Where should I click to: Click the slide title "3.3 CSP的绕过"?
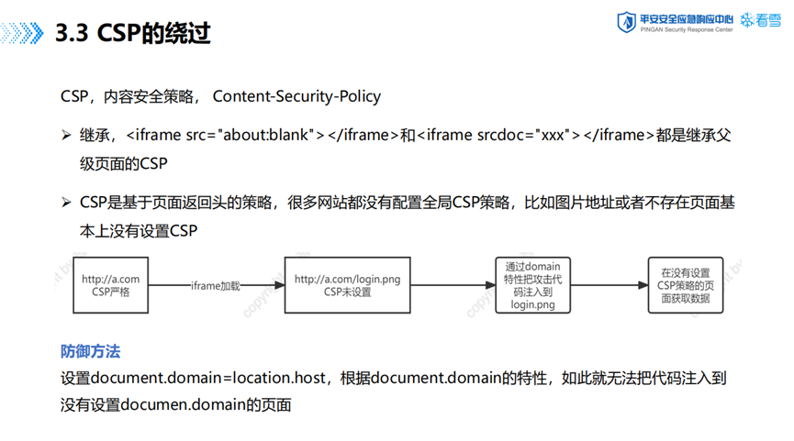click(133, 33)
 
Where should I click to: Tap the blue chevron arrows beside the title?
click(22, 33)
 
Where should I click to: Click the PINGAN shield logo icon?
click(626, 22)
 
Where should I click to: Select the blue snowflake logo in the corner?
click(747, 20)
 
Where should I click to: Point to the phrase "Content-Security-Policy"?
click(296, 96)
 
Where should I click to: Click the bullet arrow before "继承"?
click(66, 135)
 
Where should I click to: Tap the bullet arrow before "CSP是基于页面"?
click(66, 203)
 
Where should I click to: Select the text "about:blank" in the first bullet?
click(266, 135)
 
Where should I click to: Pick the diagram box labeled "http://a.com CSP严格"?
click(111, 285)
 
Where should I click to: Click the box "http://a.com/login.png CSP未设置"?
click(347, 285)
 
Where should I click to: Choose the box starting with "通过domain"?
click(532, 285)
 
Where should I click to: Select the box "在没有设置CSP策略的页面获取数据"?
click(686, 285)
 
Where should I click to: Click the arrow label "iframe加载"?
click(215, 286)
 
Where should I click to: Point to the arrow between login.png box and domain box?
click(453, 285)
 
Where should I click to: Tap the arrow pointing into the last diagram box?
click(609, 285)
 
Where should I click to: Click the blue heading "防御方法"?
click(90, 351)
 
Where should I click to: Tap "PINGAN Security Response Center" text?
click(687, 30)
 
